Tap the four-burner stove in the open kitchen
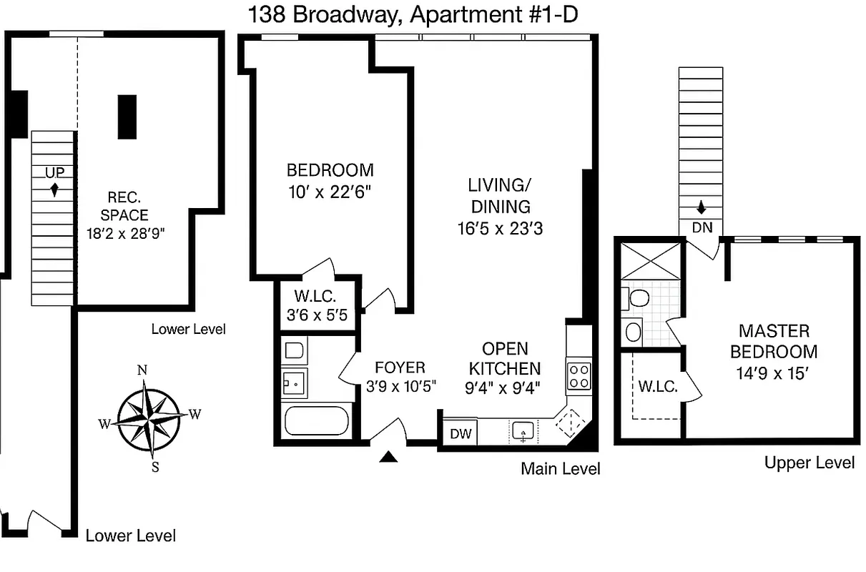coord(579,376)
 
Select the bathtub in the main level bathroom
coord(316,420)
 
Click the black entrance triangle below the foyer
coord(388,457)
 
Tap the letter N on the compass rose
coord(142,370)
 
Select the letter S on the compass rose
coord(154,468)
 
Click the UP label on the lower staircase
coord(54,173)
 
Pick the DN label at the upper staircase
coord(702,227)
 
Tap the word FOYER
coord(400,368)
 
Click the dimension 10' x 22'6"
coord(330,192)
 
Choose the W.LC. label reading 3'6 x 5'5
coord(315,305)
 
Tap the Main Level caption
coord(560,469)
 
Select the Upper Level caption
coord(809,463)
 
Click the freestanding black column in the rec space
coord(127,117)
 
